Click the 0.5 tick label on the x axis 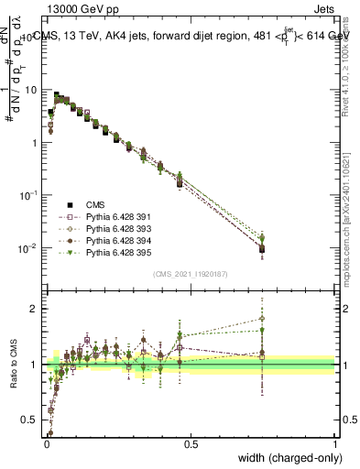pos(191,443)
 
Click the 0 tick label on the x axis pos(47,443)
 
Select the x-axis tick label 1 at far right pos(334,443)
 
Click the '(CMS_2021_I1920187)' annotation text pos(191,274)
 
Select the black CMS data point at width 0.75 pos(263,249)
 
